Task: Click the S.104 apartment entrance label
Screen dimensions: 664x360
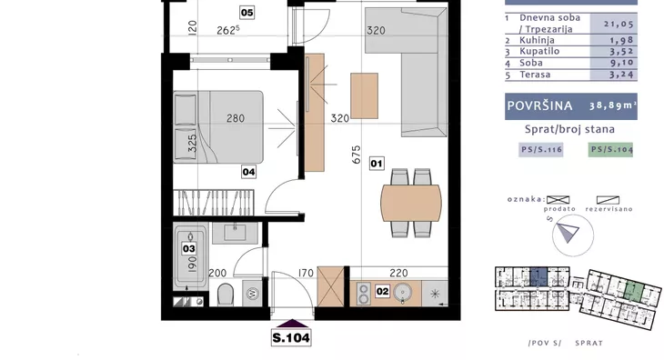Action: coord(291,338)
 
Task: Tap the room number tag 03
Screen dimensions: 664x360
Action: coord(189,248)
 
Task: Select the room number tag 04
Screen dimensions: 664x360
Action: coord(248,172)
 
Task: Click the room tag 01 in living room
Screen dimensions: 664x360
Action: coord(377,164)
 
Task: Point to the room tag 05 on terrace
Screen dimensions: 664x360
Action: coord(246,13)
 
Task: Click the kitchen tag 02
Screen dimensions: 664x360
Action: coord(382,291)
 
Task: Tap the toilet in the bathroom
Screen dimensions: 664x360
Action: coord(226,294)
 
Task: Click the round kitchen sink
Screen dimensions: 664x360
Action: coord(403,292)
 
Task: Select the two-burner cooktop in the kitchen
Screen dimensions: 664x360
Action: coord(363,293)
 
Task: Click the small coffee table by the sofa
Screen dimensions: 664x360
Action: coord(364,96)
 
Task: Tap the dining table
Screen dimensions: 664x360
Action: coord(411,203)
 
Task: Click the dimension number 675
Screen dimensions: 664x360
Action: coord(357,155)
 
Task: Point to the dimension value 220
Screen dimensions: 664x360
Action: coord(398,274)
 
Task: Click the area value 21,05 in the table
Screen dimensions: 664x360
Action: coord(619,25)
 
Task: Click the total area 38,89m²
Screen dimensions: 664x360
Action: coord(613,105)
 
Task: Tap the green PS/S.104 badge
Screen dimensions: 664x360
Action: coord(610,150)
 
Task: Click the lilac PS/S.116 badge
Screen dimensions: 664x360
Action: coord(541,150)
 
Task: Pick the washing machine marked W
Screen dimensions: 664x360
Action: coord(252,293)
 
